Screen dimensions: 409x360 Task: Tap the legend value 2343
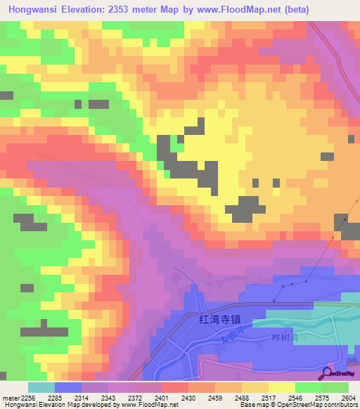[108, 398]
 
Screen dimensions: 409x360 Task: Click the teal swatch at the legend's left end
[41, 387]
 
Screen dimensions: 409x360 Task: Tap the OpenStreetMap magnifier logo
[328, 373]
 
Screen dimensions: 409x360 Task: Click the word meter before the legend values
[11, 398]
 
